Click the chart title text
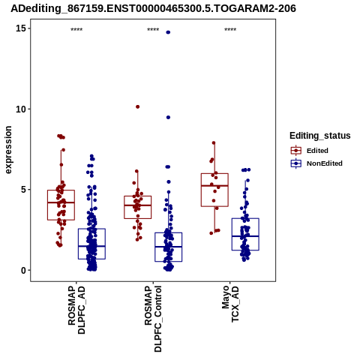pos(153,8)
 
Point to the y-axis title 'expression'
pos(8,150)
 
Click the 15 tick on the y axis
pos(21,28)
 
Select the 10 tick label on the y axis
pos(21,109)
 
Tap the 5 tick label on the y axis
pos(23,190)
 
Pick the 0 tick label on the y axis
pos(23,270)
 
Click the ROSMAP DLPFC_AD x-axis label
pos(76,310)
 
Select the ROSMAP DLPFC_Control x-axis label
pos(153,319)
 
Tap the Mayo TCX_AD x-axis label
pos(230,304)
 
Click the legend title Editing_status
pos(320,136)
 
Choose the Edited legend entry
pos(309,151)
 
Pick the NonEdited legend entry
pos(316,163)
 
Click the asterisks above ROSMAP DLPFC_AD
pos(76,30)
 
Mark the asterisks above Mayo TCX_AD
pos(230,30)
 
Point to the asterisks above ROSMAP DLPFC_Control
pos(153,30)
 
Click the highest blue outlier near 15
pos(168,32)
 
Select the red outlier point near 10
pos(137,106)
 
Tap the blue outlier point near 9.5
pos(168,117)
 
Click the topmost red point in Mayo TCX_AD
pos(214,142)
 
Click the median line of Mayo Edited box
pos(214,185)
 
